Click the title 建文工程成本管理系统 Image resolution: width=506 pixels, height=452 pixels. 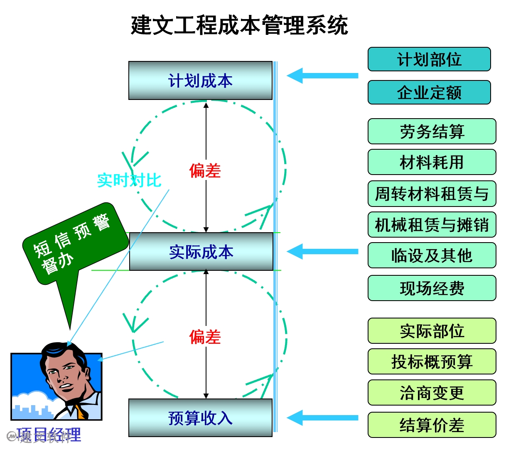[x=239, y=26]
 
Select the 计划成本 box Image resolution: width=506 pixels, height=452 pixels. [x=200, y=80]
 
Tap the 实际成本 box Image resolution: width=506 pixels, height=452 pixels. [x=201, y=252]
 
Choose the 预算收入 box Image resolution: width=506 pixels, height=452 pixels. [x=200, y=418]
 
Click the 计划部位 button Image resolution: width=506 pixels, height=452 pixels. [x=429, y=59]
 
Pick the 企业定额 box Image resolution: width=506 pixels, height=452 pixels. [x=429, y=92]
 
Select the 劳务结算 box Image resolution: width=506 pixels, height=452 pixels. [x=432, y=131]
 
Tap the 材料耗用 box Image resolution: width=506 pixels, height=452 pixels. [x=432, y=162]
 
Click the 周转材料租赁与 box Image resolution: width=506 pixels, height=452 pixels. [x=432, y=194]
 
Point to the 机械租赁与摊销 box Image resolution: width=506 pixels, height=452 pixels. [x=432, y=225]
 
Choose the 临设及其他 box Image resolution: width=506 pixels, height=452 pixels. [x=432, y=255]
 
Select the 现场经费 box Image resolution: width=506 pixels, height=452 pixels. [x=432, y=288]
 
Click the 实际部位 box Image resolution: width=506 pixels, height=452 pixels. [x=432, y=331]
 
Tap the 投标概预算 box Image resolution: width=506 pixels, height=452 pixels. [x=432, y=362]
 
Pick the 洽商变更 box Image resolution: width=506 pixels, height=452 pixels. [x=432, y=393]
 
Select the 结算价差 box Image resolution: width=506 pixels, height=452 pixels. [x=432, y=425]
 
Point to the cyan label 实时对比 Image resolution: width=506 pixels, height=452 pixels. [x=129, y=180]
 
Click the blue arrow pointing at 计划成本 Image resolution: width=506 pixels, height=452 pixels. [x=322, y=75]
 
